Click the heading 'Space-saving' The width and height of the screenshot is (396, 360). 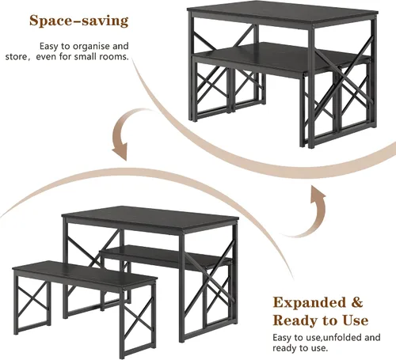point(78,21)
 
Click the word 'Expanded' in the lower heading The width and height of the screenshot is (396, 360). point(309,303)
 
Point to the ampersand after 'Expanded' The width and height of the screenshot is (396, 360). point(357,302)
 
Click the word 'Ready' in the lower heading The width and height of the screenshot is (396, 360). point(295,320)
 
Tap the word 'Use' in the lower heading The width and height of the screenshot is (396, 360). point(356,320)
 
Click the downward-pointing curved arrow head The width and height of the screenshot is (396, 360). point(120,151)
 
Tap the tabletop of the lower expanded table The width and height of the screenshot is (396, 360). point(150,218)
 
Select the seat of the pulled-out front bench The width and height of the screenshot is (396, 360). point(85,274)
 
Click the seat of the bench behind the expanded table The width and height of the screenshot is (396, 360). point(166,256)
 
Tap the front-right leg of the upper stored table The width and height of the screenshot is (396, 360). point(311,87)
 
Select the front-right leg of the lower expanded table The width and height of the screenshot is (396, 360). point(182,287)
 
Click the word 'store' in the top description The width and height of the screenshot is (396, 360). point(17,57)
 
